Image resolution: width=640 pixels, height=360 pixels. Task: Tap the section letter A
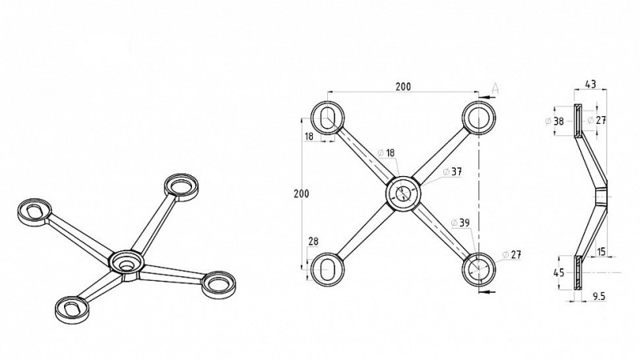496,86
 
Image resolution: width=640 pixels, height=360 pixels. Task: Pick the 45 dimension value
558,273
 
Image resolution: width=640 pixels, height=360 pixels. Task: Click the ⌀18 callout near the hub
386,152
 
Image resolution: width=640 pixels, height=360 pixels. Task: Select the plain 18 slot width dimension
309,137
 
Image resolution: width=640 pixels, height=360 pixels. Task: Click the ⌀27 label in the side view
594,120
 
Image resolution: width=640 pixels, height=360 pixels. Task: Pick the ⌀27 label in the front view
511,254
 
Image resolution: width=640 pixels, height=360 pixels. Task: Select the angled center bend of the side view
601,194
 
